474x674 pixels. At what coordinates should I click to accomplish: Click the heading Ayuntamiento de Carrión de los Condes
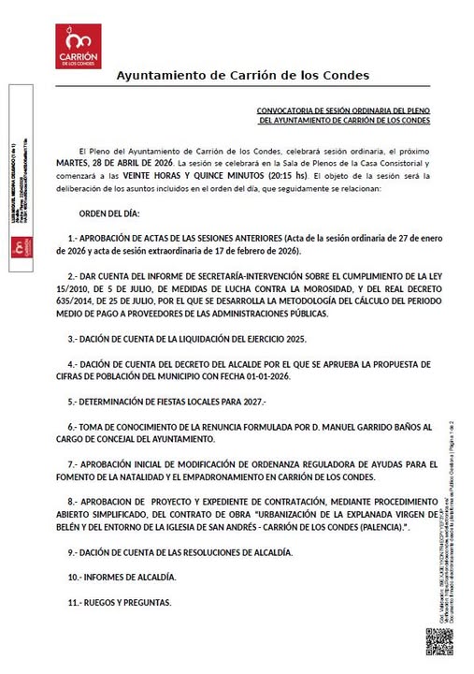tap(242, 75)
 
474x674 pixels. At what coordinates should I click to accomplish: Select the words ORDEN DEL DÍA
tap(109, 212)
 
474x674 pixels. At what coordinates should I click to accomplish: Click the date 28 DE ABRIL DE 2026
tap(136, 161)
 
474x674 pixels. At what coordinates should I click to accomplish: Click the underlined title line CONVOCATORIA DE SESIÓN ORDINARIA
tap(343, 110)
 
